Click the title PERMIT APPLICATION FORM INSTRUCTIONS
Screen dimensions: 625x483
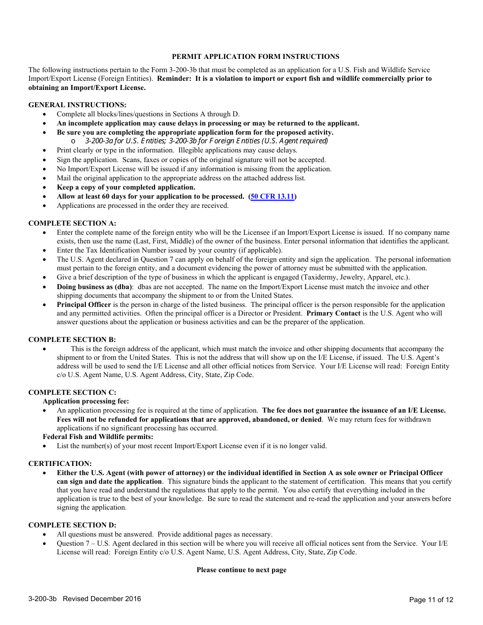click(255, 56)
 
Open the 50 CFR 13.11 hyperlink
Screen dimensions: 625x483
click(273, 196)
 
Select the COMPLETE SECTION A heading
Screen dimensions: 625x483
click(72, 223)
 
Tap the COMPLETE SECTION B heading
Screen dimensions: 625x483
click(72, 339)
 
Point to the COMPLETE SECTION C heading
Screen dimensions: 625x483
click(72, 392)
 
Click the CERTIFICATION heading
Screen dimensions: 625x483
click(60, 463)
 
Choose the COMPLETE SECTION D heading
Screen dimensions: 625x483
click(72, 525)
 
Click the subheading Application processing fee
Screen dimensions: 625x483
click(85, 401)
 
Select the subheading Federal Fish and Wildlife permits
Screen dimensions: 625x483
click(98, 436)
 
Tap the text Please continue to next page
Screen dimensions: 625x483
click(242, 570)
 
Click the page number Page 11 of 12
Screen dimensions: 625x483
click(431, 600)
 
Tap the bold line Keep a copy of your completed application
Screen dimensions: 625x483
click(126, 187)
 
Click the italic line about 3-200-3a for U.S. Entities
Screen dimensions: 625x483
click(206, 141)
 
